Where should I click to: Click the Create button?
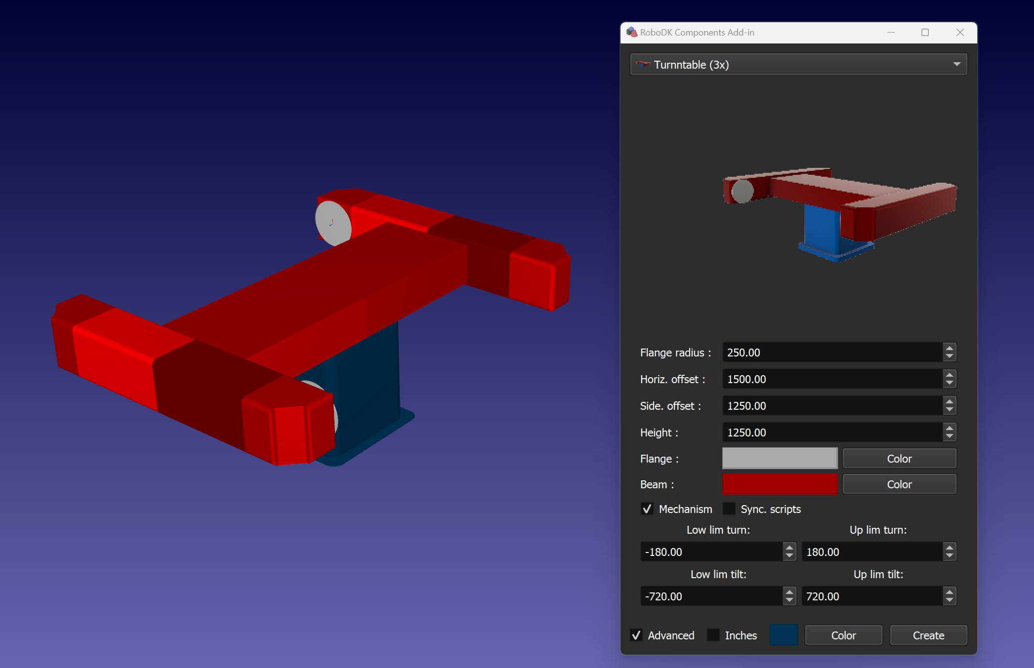tap(928, 635)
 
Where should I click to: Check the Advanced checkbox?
tap(636, 635)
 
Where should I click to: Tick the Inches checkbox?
tap(713, 635)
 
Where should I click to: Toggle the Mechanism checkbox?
tap(647, 509)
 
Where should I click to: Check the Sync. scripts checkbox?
tap(729, 509)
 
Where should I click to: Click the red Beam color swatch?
tap(780, 484)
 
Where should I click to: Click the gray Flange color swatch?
tap(780, 458)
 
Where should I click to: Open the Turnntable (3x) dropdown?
tap(798, 65)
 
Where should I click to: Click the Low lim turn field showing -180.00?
tap(711, 552)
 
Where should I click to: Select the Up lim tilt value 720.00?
tap(871, 596)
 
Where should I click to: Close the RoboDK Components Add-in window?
tap(960, 33)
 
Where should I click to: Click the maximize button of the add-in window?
tap(925, 33)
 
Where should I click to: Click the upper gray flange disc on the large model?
tap(332, 223)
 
